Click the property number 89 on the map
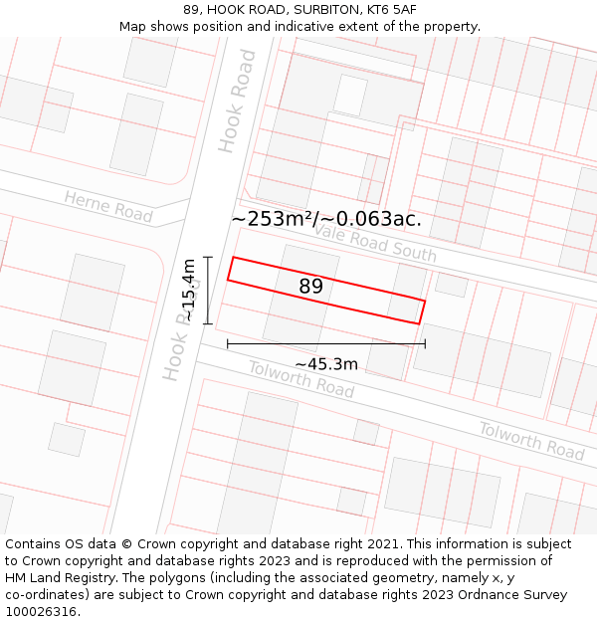(x=310, y=287)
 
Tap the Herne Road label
(x=108, y=206)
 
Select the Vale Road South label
(x=375, y=242)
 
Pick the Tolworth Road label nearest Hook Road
(x=300, y=378)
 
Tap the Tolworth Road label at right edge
(x=531, y=440)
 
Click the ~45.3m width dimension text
(x=325, y=364)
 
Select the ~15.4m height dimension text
(x=188, y=290)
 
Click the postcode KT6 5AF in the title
(x=391, y=10)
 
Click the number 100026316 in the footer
(x=42, y=611)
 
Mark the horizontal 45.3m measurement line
(x=326, y=344)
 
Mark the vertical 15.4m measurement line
(x=207, y=290)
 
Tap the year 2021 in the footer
(x=378, y=544)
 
